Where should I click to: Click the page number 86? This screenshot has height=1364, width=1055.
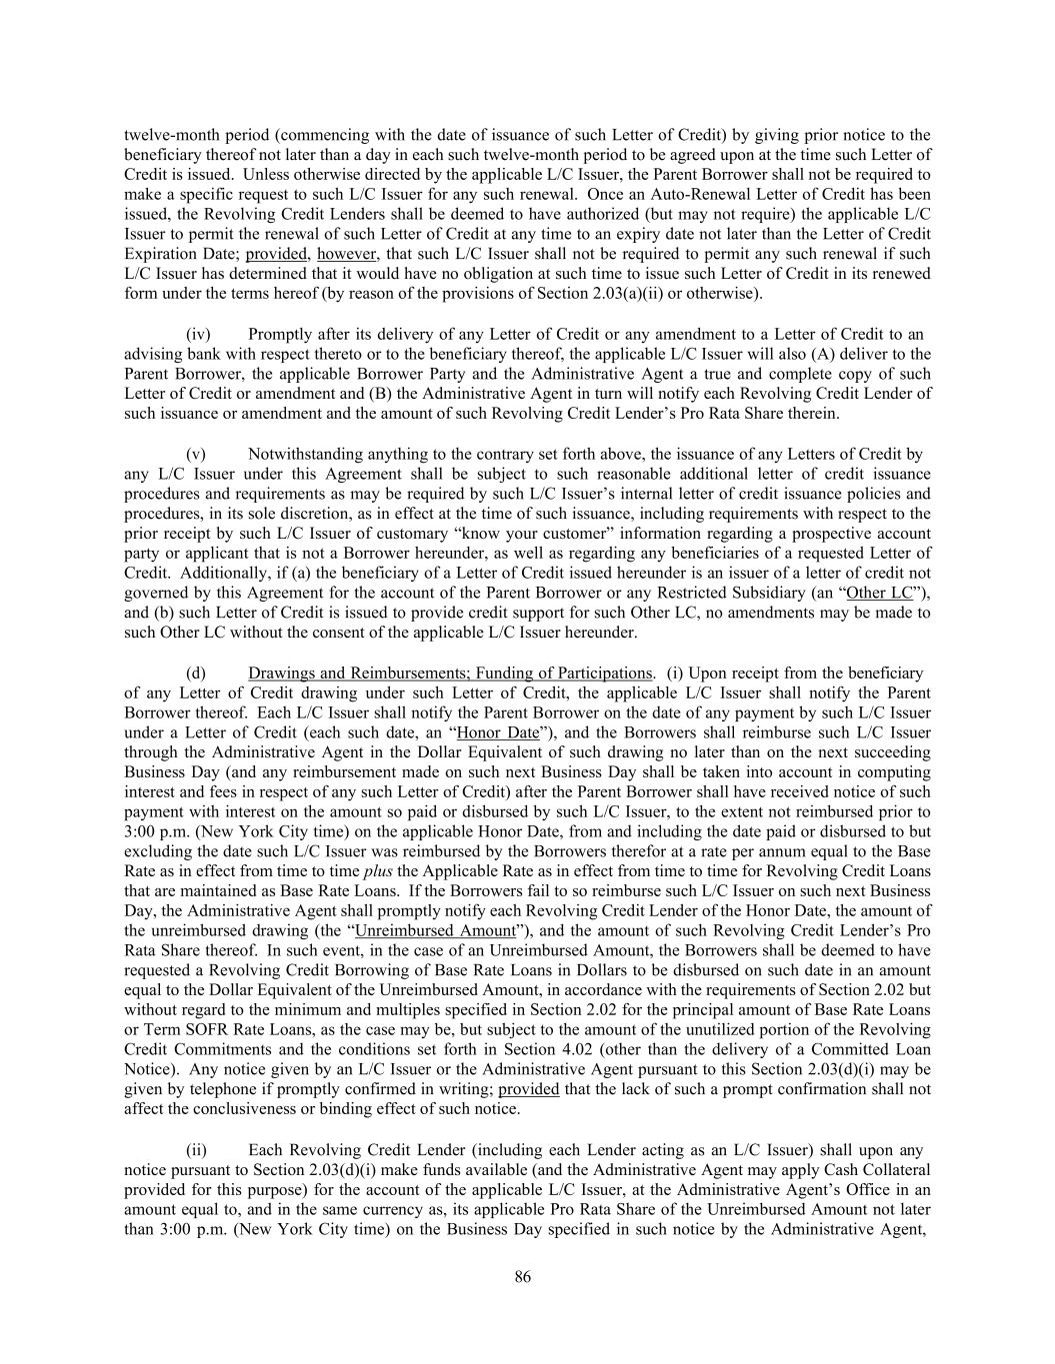[x=522, y=1276]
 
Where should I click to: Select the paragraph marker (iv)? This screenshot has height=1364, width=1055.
[x=198, y=334]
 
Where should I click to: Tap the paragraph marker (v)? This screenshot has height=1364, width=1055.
[x=196, y=454]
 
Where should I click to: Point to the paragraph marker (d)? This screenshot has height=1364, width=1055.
[x=196, y=673]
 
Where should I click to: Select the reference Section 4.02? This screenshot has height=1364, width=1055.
[x=597, y=1049]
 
